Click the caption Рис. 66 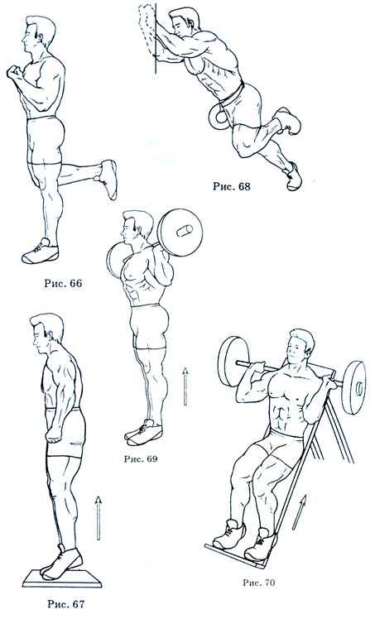[63, 284]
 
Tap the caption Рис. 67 [66, 604]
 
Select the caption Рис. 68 [231, 186]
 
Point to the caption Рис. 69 [141, 458]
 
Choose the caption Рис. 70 [258, 583]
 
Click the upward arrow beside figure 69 [185, 386]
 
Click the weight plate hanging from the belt [219, 118]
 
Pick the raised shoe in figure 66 [107, 179]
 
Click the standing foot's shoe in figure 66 [41, 252]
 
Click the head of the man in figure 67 [46, 330]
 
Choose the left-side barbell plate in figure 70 [233, 361]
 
